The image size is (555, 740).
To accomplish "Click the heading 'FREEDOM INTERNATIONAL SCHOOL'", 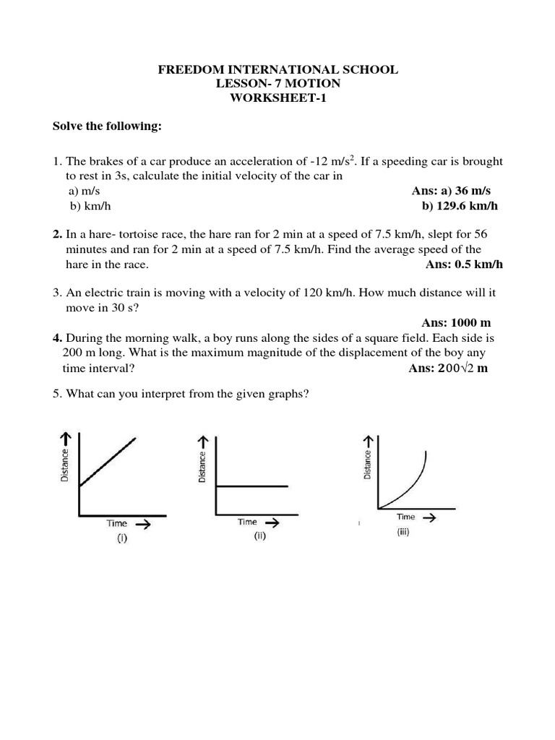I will [277, 70].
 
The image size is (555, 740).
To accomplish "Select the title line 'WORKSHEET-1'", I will [277, 99].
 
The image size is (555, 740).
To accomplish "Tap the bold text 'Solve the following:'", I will [107, 127].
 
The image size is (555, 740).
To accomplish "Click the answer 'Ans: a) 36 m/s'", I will [450, 191].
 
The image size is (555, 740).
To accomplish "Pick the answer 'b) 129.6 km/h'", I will [460, 206].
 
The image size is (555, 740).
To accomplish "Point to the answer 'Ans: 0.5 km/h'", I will [464, 264].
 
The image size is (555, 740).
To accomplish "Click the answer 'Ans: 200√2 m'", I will [448, 368].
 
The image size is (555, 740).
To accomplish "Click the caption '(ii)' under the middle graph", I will [260, 536].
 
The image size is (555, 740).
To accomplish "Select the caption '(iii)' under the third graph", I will [403, 533].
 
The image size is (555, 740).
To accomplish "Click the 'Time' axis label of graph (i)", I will [116, 523].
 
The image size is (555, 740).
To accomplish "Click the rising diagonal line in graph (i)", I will [108, 462].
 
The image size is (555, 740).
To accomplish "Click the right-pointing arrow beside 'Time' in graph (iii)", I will [428, 517].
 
